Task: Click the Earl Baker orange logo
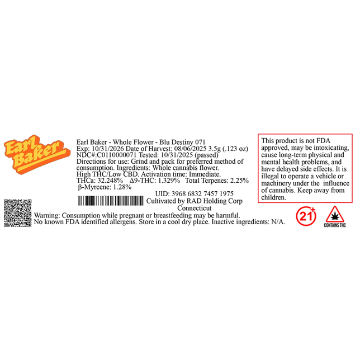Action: [x=37, y=154]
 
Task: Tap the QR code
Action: [x=18, y=213]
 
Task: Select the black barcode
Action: [x=111, y=201]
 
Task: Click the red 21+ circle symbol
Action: [x=306, y=216]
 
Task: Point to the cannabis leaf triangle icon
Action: [x=335, y=214]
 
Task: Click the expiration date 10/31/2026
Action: [x=108, y=149]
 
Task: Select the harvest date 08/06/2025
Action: [x=190, y=149]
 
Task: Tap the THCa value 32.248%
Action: [x=110, y=181]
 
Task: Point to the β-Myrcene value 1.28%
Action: [x=122, y=187]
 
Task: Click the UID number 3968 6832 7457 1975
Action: [x=202, y=194]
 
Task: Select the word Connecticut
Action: [x=194, y=208]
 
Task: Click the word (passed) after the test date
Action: [x=206, y=155]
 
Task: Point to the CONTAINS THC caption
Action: [x=335, y=225]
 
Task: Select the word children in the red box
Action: [x=273, y=197]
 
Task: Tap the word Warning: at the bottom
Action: [x=47, y=216]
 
